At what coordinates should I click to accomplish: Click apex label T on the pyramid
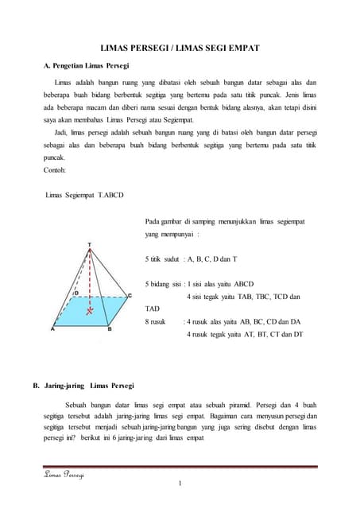point(90,245)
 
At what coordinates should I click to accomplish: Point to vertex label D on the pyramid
point(75,293)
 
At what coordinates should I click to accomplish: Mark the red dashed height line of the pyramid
point(90,278)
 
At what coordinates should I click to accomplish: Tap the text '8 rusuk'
point(157,322)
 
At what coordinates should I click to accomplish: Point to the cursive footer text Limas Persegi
point(64,476)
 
